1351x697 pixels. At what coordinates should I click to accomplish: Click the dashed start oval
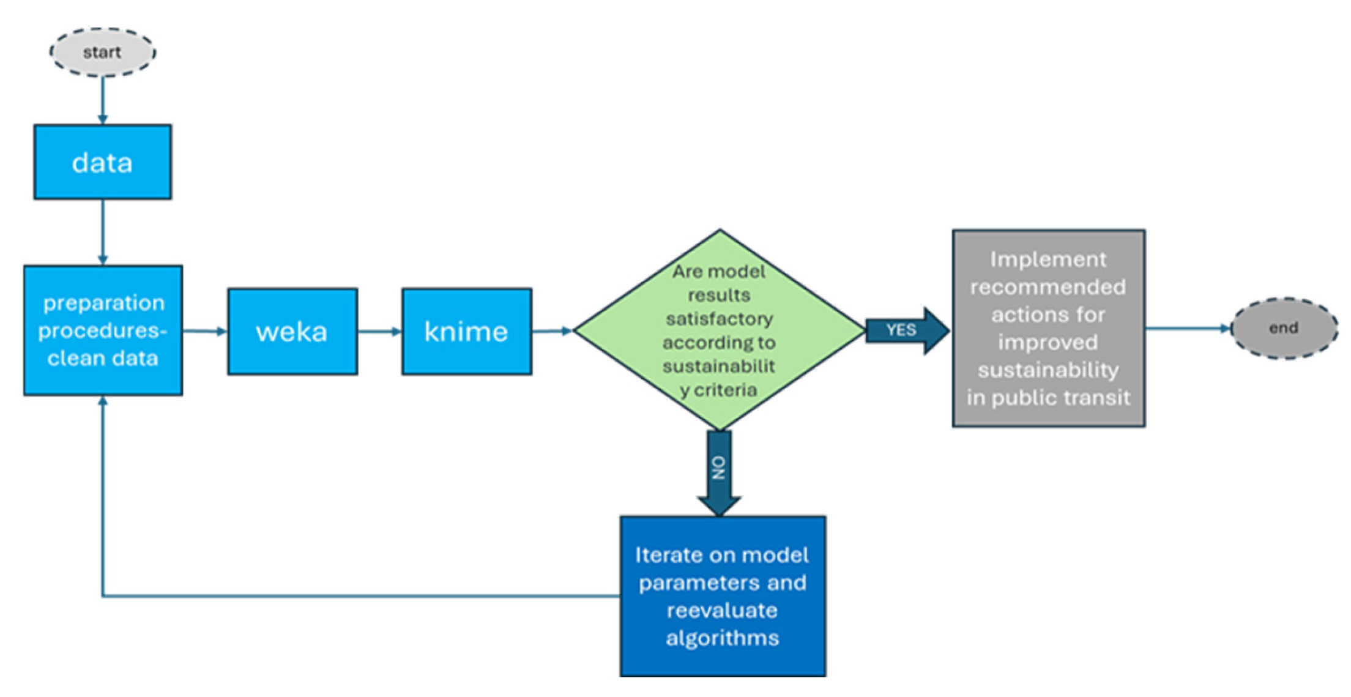tap(102, 52)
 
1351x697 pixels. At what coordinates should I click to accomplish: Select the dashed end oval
tap(1283, 328)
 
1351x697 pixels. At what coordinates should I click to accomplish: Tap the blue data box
tap(102, 162)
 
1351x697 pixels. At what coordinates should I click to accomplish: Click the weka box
tap(292, 331)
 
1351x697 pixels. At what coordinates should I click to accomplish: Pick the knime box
tap(466, 331)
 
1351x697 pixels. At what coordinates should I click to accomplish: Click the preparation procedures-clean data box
tap(103, 330)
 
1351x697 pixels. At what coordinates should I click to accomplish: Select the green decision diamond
tap(719, 330)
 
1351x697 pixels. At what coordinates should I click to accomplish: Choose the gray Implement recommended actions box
tap(1048, 329)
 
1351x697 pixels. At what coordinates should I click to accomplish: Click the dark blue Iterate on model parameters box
tap(723, 595)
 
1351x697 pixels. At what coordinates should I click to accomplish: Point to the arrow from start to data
tap(102, 100)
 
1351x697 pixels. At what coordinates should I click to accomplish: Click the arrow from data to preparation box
tap(102, 231)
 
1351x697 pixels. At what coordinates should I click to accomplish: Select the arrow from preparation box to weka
tap(204, 331)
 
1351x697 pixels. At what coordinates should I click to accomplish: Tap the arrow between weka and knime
tap(379, 331)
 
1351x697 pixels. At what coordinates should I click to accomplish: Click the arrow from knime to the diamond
tap(552, 331)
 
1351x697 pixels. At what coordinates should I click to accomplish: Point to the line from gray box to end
tap(1187, 328)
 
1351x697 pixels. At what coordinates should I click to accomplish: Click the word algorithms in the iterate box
tap(723, 638)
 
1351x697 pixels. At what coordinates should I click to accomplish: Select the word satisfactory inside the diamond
tap(719, 319)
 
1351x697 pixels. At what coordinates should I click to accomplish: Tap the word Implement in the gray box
tap(1048, 259)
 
